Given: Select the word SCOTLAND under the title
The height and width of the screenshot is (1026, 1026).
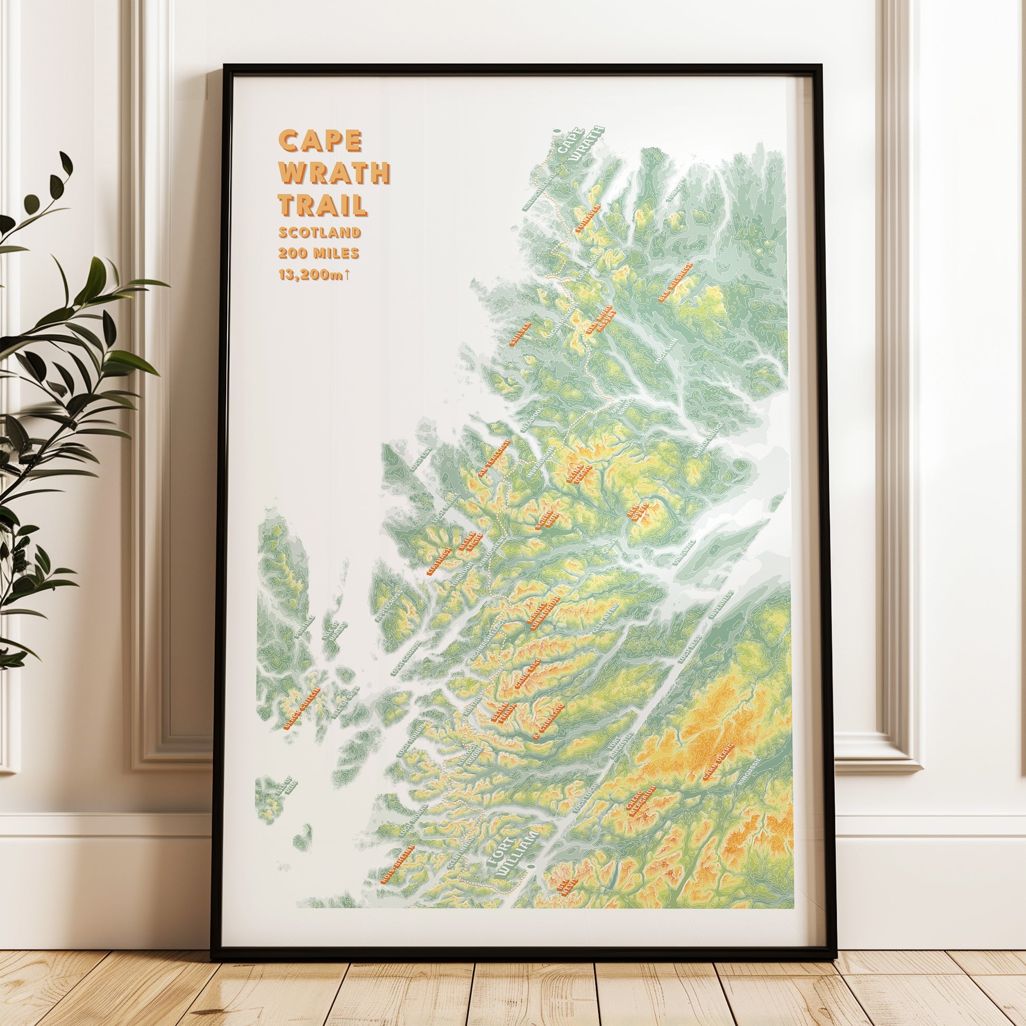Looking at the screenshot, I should (x=320, y=233).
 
